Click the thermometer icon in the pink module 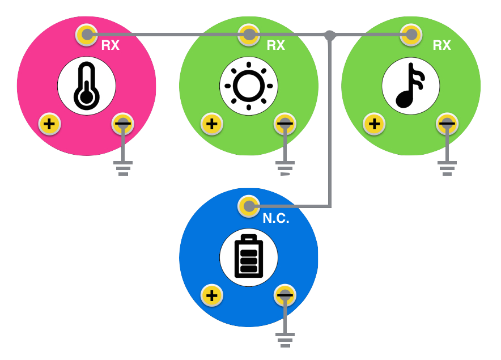tap(86, 86)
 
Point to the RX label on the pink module tap(111, 45)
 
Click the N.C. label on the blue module tap(276, 218)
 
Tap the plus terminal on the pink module tap(49, 124)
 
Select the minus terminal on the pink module tap(123, 124)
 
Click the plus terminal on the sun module tap(211, 124)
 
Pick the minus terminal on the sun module tap(285, 124)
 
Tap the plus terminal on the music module tap(373, 124)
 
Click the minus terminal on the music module tap(447, 124)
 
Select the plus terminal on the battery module tap(211, 295)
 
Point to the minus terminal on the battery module tap(285, 295)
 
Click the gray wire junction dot tap(330, 35)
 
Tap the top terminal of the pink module tap(86, 35)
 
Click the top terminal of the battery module tap(248, 206)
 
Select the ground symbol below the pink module tap(123, 168)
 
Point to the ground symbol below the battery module tap(285, 340)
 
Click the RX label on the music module tap(442, 45)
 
